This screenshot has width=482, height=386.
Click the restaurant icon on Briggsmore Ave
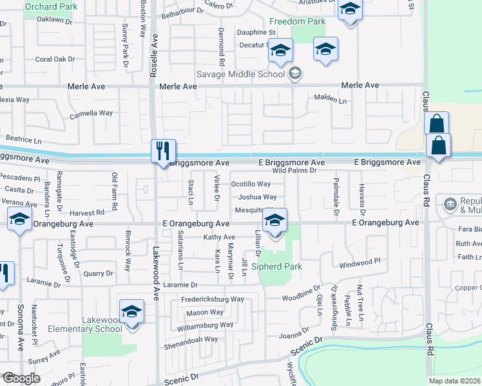point(160,152)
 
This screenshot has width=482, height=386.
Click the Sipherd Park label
point(277,266)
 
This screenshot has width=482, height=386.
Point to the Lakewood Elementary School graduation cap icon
point(131,312)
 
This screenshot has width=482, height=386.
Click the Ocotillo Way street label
point(251,184)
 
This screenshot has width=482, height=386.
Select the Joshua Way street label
point(257,198)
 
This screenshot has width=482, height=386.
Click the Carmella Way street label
point(91,113)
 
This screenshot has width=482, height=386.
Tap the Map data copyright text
point(454,381)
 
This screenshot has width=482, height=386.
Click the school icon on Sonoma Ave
point(20,220)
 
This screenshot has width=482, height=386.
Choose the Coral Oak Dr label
point(55,59)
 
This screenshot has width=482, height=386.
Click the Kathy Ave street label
point(219,237)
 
